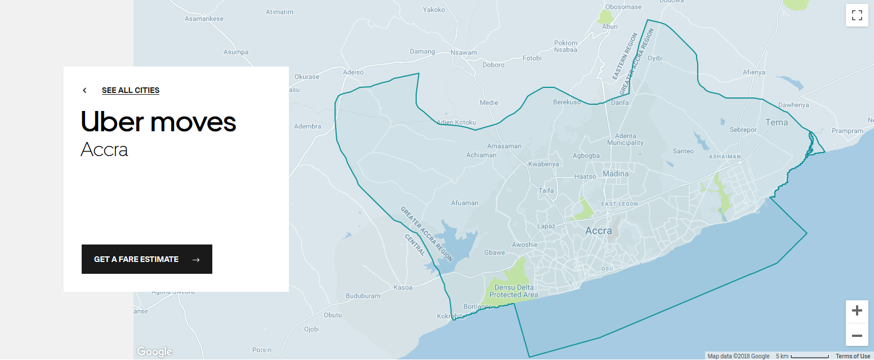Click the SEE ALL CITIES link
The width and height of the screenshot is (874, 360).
[x=130, y=90]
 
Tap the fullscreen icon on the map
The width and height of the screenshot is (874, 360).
[x=857, y=15]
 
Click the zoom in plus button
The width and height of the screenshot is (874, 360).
[x=857, y=311]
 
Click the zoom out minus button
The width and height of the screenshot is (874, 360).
[x=857, y=336]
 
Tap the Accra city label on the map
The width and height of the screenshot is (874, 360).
[x=598, y=231]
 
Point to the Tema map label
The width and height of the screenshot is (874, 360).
[x=777, y=122]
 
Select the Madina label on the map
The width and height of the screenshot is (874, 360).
[x=615, y=174]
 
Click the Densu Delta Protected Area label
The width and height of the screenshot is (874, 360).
[x=513, y=291]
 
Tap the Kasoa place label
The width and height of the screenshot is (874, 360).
[x=403, y=287]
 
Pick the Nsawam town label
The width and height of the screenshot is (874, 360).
[x=463, y=52]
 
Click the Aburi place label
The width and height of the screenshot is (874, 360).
[x=609, y=26]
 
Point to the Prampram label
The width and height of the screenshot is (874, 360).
[x=847, y=131]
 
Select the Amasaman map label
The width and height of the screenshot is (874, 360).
[x=504, y=146]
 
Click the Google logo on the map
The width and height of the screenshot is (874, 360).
[x=154, y=352]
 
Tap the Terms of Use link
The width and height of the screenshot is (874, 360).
[x=853, y=356]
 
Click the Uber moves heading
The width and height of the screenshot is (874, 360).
[x=158, y=121]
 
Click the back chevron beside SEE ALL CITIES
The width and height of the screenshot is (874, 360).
[x=84, y=90]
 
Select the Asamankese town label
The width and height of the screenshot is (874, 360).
[x=204, y=19]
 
